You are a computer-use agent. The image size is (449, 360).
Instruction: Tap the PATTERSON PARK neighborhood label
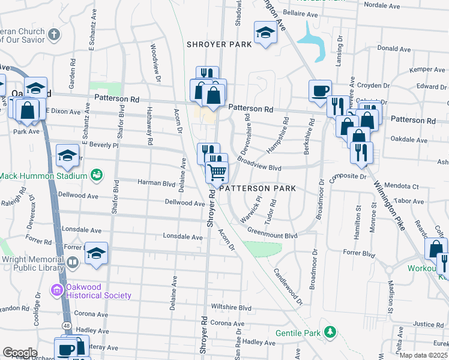click(258, 188)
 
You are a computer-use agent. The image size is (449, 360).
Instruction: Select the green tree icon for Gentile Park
click(329, 332)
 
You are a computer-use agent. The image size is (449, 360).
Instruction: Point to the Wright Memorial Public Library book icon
click(73, 262)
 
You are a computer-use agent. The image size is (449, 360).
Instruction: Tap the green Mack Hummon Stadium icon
click(95, 175)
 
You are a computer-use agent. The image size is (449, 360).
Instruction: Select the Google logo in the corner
click(20, 353)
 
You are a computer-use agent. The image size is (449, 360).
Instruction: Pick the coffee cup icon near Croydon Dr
click(320, 90)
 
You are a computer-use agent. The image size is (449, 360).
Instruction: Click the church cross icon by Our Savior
click(55, 34)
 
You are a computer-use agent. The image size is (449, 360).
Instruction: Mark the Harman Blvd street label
click(156, 182)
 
